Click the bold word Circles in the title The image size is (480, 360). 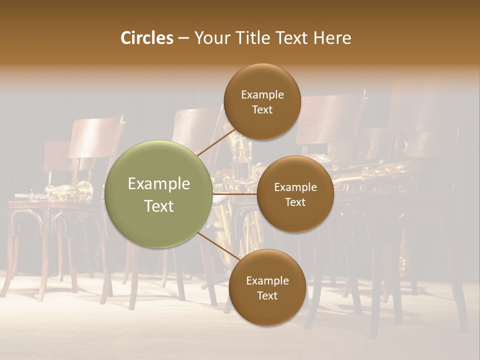pyautogui.click(x=147, y=38)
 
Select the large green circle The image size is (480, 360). pyautogui.click(x=158, y=194)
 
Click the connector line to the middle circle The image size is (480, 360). pyautogui.click(x=235, y=193)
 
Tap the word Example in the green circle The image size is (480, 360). pyautogui.click(x=158, y=184)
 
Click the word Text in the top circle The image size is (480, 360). pyautogui.click(x=262, y=109)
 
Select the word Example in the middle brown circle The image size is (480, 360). pyautogui.click(x=295, y=187)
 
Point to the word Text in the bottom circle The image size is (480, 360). pyautogui.click(x=267, y=295)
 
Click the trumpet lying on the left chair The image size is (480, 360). pyautogui.click(x=70, y=191)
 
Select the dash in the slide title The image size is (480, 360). pyautogui.click(x=183, y=38)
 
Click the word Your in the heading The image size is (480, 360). pyautogui.click(x=211, y=38)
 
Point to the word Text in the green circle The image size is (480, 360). pyautogui.click(x=158, y=206)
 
